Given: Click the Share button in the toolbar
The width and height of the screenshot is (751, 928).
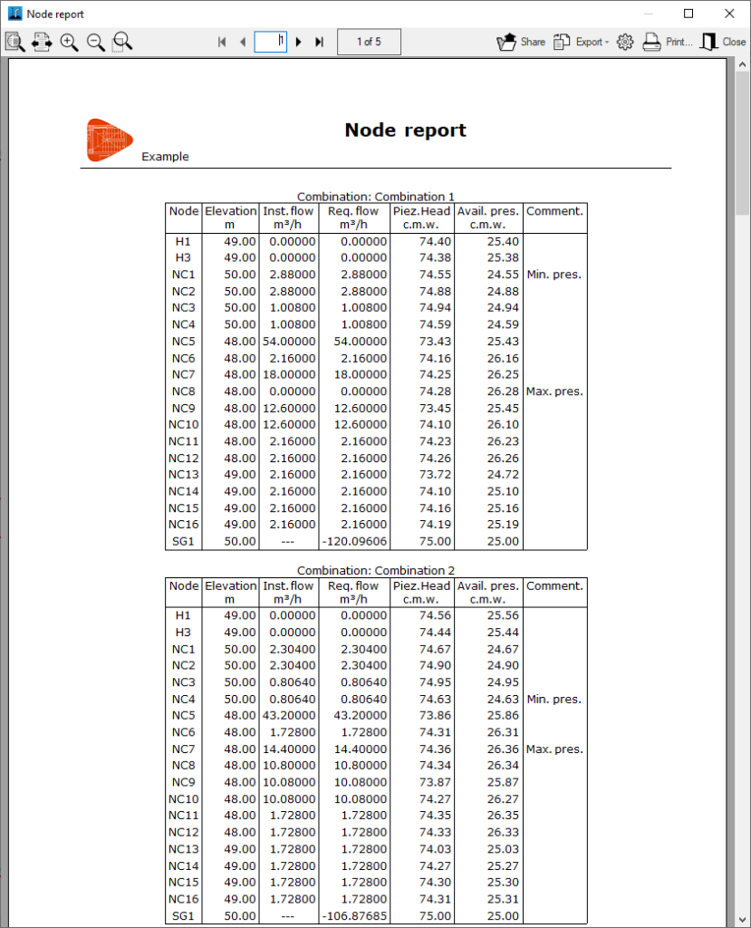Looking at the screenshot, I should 520,42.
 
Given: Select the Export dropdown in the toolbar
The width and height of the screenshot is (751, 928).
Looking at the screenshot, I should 581,42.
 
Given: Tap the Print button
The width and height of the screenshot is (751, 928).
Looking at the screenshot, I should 668,42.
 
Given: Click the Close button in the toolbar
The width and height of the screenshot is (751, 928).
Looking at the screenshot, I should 723,42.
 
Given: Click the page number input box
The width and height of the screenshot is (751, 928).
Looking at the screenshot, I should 270,42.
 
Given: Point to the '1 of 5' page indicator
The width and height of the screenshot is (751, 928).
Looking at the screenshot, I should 369,42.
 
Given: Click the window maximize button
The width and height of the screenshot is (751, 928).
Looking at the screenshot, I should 688,14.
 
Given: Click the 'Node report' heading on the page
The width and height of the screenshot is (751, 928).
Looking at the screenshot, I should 405,130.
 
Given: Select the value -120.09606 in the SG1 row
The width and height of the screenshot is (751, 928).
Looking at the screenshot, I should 353,541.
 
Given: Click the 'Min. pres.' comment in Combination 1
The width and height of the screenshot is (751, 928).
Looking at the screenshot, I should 554,275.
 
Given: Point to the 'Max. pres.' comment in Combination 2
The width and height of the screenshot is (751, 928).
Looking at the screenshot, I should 554,749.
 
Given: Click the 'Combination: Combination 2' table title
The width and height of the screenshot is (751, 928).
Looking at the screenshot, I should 375,571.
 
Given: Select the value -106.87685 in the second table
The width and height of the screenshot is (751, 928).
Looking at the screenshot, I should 353,916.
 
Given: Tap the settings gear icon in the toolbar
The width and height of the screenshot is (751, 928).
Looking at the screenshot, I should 624,42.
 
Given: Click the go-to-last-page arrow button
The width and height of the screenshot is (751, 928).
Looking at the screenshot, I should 319,42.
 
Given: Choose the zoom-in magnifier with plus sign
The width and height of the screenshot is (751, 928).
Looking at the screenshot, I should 69,42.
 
